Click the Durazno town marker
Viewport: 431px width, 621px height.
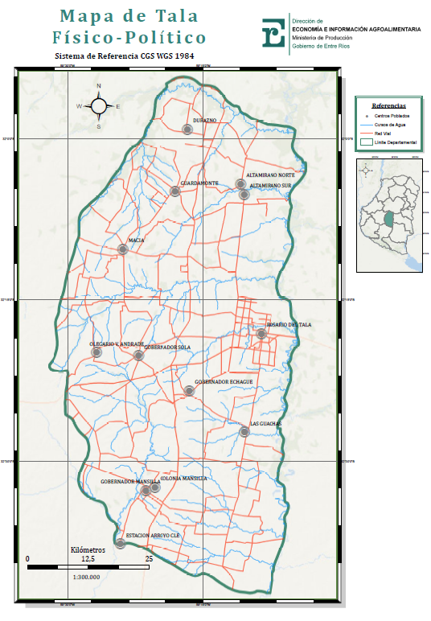[187, 129]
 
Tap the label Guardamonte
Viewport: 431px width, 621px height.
[199, 183]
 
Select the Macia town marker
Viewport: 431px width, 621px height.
[122, 249]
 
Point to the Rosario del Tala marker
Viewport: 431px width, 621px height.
[261, 334]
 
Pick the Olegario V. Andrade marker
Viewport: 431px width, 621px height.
[96, 352]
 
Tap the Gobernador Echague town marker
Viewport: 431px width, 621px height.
[189, 391]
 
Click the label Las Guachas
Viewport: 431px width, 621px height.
[265, 423]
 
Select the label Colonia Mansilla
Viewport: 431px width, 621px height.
[184, 479]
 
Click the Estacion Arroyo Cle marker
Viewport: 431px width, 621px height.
[120, 543]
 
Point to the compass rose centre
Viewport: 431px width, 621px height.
[98, 105]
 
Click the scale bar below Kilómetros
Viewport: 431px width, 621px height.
[88, 567]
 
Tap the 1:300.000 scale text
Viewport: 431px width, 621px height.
[86, 577]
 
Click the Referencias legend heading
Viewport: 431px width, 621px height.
[388, 105]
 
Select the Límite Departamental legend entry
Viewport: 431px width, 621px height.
[396, 142]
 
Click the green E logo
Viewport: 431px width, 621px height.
[274, 34]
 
